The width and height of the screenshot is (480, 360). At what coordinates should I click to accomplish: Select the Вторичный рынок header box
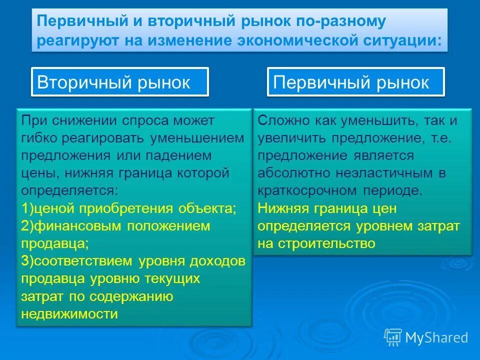coord(120,82)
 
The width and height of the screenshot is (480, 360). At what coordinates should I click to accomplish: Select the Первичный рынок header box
coord(355,82)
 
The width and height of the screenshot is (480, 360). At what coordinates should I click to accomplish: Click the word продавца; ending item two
coord(55,243)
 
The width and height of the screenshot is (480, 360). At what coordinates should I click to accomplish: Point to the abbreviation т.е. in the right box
coord(440,138)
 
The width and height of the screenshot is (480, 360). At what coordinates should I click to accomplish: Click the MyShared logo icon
coord(393,337)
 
